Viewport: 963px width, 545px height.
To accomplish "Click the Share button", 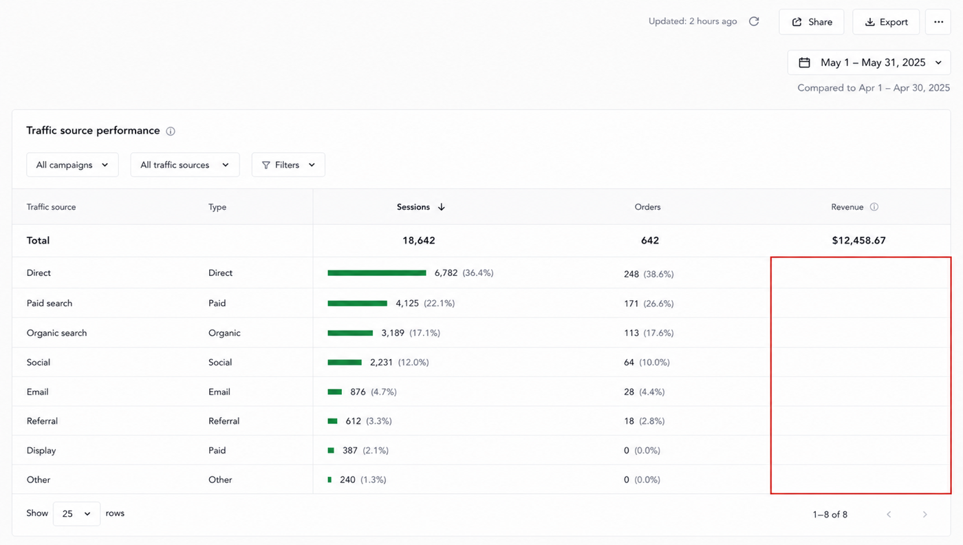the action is tap(811, 22).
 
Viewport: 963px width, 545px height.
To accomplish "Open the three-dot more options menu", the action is tap(938, 22).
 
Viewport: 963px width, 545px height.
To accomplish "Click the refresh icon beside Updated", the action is tap(754, 21).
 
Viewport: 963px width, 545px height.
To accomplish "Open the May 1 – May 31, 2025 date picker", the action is tap(869, 63).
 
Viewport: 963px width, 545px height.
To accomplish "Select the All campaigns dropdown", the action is tap(72, 164).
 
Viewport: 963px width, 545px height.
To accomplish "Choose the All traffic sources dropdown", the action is tap(185, 164).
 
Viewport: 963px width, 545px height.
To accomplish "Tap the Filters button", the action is tap(288, 164).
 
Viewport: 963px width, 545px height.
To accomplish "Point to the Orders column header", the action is tap(647, 207).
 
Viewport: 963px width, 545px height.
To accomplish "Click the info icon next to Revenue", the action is tap(874, 207).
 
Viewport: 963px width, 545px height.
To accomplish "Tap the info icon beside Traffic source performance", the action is tap(171, 131).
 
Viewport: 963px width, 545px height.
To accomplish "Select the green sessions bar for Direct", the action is tap(377, 272).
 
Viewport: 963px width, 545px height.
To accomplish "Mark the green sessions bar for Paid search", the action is tap(357, 303).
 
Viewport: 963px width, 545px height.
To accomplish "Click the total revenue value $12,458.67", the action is tap(858, 240).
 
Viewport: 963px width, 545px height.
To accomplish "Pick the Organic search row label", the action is tap(56, 333).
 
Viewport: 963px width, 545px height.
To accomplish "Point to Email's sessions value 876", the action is tap(358, 392).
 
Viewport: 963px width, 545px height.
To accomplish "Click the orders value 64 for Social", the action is tap(629, 362).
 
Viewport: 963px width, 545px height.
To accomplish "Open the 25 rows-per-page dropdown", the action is tap(76, 513).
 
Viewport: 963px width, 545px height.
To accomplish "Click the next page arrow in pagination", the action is tap(924, 515).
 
